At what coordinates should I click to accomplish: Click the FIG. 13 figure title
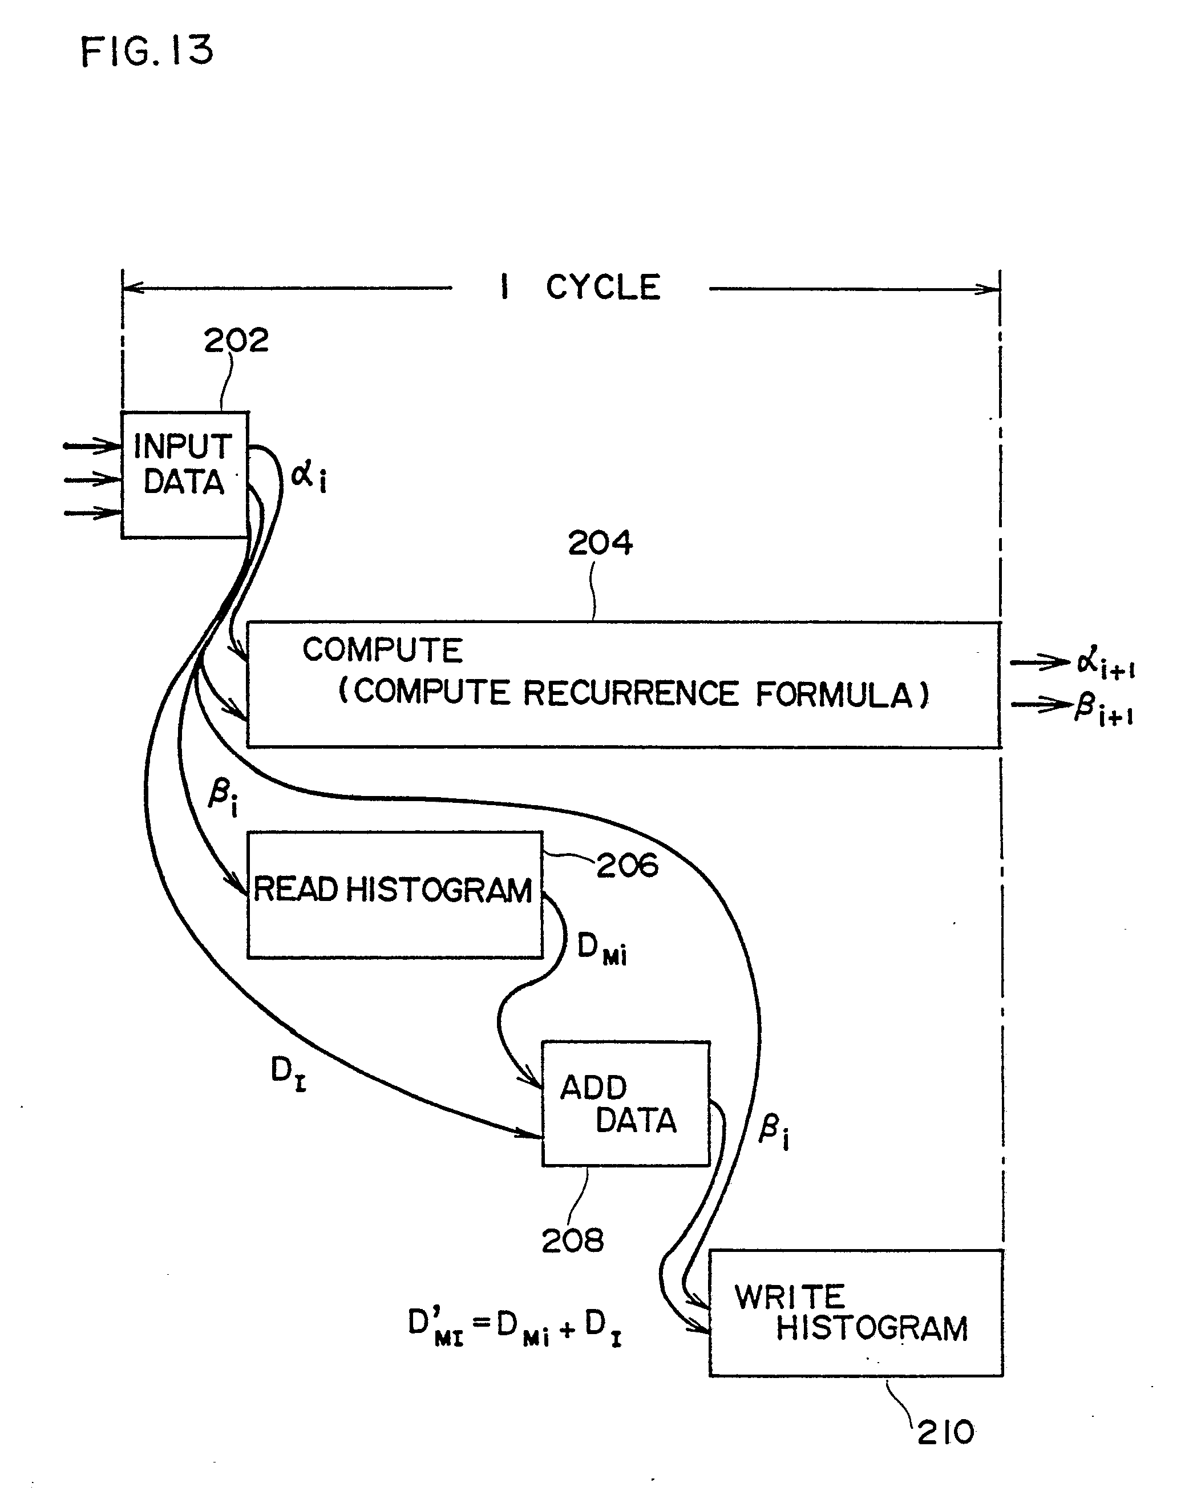[x=147, y=51]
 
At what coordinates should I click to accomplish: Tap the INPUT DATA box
[x=185, y=475]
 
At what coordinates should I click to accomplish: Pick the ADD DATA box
[x=625, y=1104]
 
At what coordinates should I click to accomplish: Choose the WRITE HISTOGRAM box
[x=855, y=1312]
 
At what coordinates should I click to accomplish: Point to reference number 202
[x=236, y=341]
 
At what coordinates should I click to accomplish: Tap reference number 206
[x=626, y=866]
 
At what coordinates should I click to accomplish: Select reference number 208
[x=572, y=1241]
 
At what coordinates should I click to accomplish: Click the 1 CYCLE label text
[x=581, y=287]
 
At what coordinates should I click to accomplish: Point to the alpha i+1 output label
[x=1105, y=663]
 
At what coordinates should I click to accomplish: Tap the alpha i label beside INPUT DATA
[x=308, y=477]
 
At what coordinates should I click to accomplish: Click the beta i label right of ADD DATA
[x=773, y=1131]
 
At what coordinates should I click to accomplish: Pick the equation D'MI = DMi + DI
[x=515, y=1327]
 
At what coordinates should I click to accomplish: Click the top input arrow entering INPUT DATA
[x=92, y=445]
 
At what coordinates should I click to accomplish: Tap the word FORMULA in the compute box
[x=842, y=695]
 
